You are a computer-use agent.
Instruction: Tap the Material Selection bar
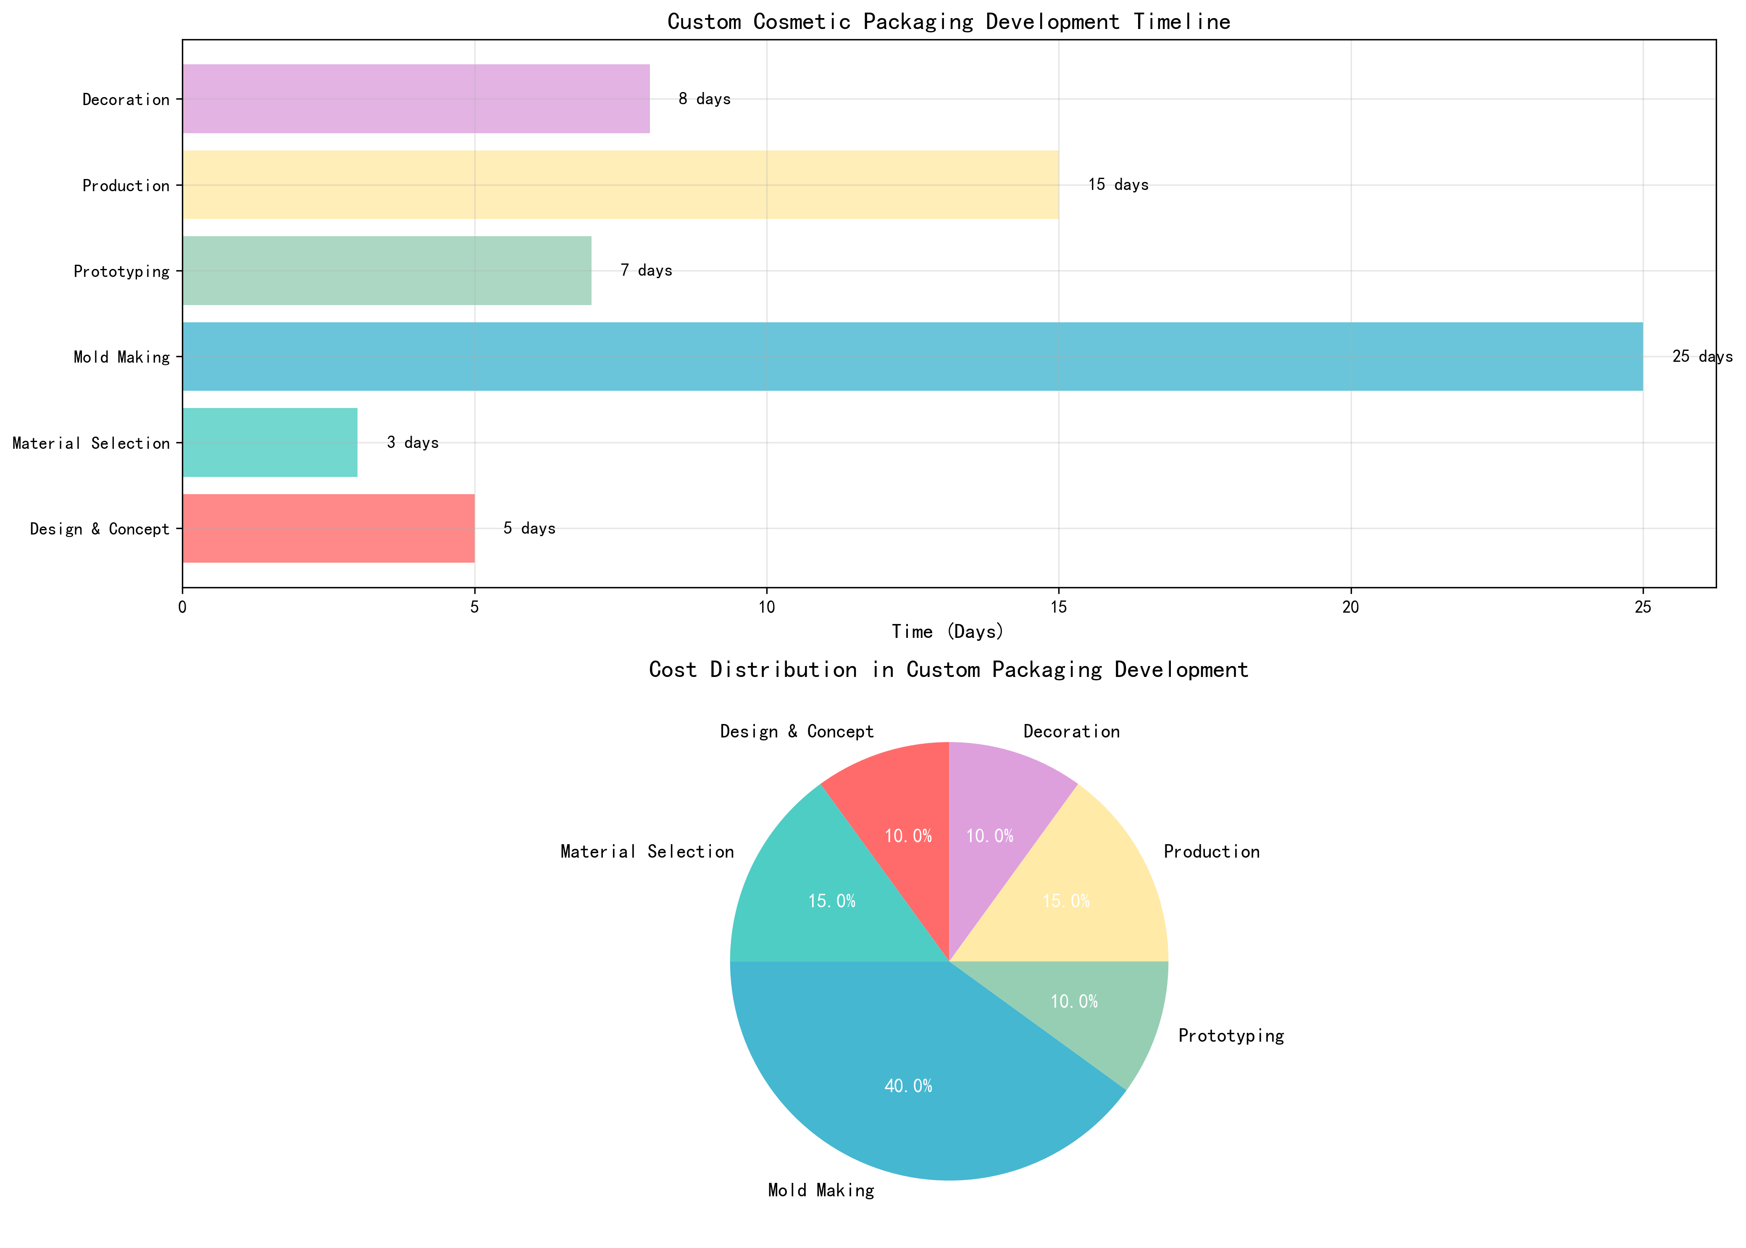[x=270, y=442]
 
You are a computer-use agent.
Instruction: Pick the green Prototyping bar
[x=387, y=271]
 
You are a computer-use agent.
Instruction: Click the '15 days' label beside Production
[x=1118, y=184]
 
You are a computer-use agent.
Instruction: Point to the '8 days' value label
[x=705, y=99]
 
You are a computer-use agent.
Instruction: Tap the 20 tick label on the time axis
[x=1350, y=607]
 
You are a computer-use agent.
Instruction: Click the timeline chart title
[x=949, y=21]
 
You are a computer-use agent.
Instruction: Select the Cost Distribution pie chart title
[x=949, y=669]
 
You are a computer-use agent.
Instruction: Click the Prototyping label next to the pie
[x=1231, y=1036]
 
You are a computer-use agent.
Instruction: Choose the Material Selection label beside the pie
[x=647, y=851]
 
